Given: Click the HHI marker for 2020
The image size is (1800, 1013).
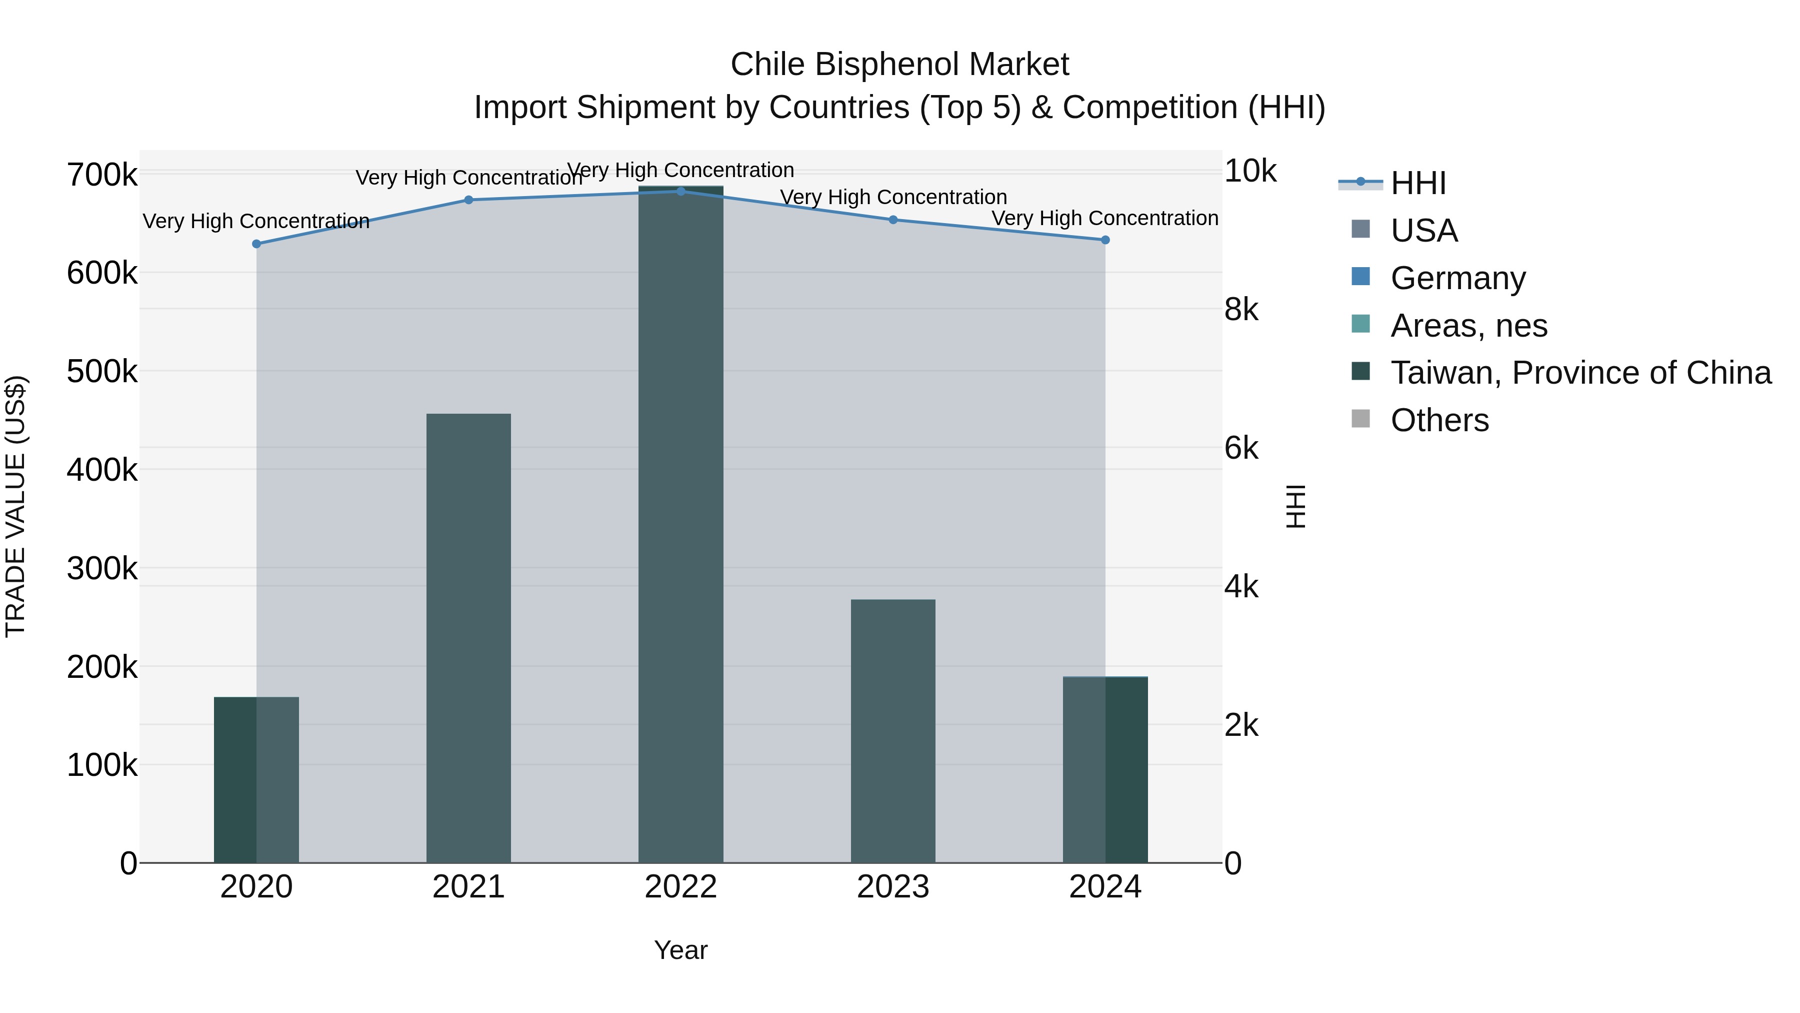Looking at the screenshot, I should coord(256,244).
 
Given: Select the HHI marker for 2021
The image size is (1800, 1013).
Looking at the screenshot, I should coord(469,200).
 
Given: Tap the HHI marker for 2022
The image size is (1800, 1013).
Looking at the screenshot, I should coord(681,191).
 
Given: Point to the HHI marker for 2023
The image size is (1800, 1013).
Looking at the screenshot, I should coord(893,220).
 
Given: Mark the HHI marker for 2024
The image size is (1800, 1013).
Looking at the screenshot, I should coord(1105,240).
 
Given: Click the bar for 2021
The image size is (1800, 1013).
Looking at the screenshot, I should coord(469,638).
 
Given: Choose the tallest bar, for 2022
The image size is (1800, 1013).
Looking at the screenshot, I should coord(681,524).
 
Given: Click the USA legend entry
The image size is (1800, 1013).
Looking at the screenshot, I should coord(1423,231).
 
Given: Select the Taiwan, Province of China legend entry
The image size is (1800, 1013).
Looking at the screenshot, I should coord(1580,373).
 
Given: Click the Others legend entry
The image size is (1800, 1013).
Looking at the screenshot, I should coord(1439,420).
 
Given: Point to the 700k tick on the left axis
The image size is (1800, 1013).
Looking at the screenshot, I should coord(102,175).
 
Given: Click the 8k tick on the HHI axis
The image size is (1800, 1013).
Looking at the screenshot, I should coord(1241,309).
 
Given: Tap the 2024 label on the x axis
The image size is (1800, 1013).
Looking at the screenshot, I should coord(1105,887).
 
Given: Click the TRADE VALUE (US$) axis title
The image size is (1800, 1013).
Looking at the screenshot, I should coord(15,506).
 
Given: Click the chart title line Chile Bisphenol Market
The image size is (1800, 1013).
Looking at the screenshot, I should coord(899,65).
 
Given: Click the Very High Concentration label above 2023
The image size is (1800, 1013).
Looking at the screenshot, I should coord(893,197).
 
